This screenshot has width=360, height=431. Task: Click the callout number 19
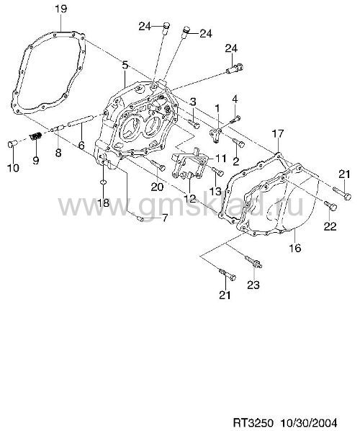point(60,9)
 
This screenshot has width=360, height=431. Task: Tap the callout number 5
point(125,66)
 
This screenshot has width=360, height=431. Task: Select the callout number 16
point(295,248)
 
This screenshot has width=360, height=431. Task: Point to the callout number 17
point(277,134)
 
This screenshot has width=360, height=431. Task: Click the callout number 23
point(253,285)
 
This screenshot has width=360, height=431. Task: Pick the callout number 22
point(330,226)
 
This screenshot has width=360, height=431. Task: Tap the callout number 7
point(164,218)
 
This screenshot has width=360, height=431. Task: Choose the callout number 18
point(104,203)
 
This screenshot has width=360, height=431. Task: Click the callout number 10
point(13,167)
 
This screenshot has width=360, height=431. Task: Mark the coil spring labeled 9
point(36,136)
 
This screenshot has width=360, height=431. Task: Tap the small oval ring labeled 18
point(103,182)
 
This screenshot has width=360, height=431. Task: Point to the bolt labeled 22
point(330,205)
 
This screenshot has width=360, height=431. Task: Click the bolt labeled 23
point(253,262)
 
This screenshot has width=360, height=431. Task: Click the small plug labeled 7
point(140,218)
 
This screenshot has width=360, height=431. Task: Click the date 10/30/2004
point(308,422)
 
